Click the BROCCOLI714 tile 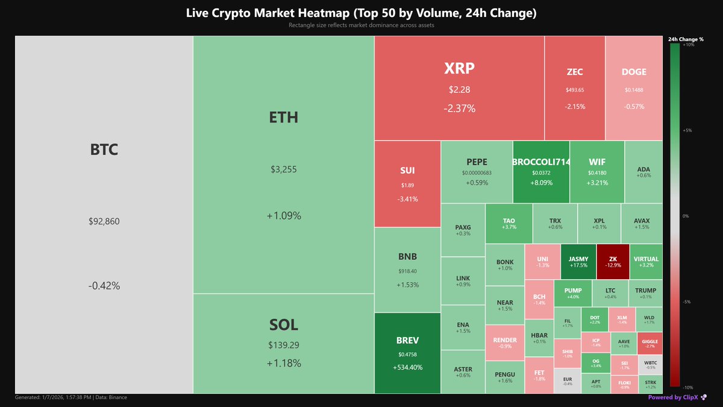[x=541, y=172]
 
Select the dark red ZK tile [x=613, y=262]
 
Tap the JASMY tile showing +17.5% [x=578, y=262]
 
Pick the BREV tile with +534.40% [x=407, y=353]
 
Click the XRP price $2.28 [x=459, y=90]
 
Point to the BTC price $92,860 [x=104, y=221]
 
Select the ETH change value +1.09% [x=283, y=216]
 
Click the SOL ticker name [x=283, y=325]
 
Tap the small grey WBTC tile [x=650, y=365]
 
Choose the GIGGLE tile [x=650, y=343]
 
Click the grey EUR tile [x=567, y=381]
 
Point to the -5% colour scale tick [x=686, y=301]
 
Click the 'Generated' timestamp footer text [x=70, y=397]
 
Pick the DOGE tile [x=634, y=88]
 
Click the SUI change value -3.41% [x=407, y=199]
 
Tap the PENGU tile [x=504, y=377]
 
